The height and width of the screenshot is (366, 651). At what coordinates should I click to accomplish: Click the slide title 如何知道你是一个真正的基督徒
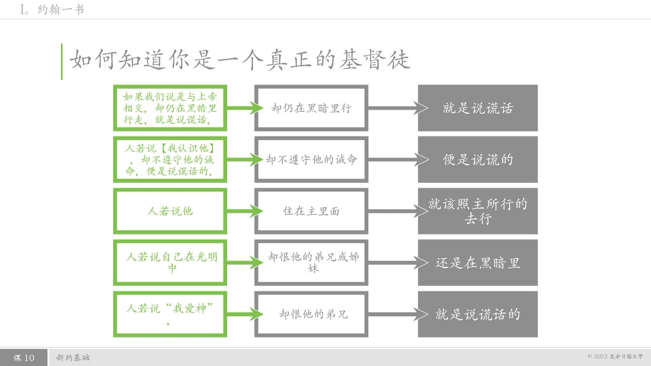click(240, 60)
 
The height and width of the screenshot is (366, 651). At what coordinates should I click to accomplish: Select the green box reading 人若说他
click(170, 211)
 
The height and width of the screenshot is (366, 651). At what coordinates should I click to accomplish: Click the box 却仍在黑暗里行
click(311, 108)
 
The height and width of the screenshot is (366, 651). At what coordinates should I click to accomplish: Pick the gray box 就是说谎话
click(477, 108)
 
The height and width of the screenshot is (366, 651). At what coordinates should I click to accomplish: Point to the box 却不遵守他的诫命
click(311, 160)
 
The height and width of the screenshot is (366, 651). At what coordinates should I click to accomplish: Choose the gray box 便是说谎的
click(477, 160)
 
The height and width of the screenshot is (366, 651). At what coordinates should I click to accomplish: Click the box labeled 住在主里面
click(311, 211)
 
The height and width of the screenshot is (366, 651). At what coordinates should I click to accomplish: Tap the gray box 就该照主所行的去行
click(477, 211)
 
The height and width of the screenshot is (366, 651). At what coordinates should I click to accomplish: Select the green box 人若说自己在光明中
click(170, 263)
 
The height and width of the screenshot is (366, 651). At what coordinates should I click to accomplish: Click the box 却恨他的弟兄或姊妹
click(311, 263)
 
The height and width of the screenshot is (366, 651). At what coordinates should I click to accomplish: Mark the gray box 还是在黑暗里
click(477, 263)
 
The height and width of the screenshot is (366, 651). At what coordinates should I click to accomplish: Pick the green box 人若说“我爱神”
click(170, 314)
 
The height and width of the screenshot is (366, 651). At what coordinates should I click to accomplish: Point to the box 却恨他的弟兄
click(311, 314)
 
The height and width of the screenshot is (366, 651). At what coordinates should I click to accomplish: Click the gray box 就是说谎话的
click(477, 314)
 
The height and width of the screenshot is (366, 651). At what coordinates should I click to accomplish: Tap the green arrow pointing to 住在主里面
click(244, 211)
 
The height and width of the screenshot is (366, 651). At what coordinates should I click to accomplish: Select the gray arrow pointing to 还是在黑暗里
click(397, 263)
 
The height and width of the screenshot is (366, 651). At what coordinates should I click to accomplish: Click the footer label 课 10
click(24, 358)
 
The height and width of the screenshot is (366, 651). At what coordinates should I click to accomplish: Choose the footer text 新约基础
click(73, 358)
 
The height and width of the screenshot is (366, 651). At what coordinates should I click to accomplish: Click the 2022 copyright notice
click(615, 356)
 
